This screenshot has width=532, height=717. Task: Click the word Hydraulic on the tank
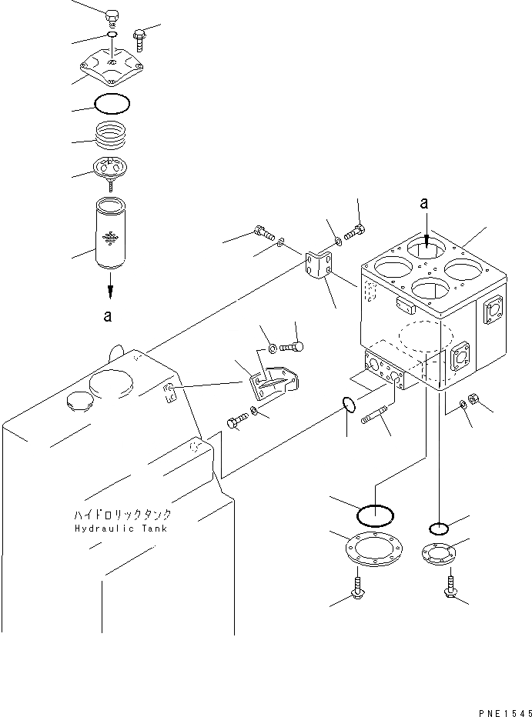pos(104,529)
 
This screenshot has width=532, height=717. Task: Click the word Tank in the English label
pos(155,529)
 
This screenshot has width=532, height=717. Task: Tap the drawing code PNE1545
pos(505,713)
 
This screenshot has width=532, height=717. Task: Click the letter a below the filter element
pos(107,316)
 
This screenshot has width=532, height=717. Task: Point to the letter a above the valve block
pos(424,203)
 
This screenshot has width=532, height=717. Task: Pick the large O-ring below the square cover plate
pos(112,103)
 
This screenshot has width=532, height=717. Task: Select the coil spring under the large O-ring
pos(111,135)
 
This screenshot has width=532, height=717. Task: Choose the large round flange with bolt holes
pos(374,549)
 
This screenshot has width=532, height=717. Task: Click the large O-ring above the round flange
pos(375,515)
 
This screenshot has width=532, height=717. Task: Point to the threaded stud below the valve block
pos(374,415)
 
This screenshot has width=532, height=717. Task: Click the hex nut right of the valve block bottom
pos(473,399)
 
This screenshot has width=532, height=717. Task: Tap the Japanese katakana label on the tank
pos(122,515)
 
